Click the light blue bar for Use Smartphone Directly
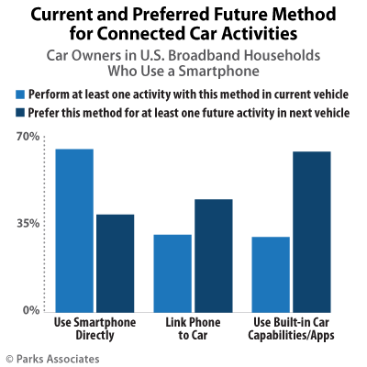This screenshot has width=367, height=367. (74, 229)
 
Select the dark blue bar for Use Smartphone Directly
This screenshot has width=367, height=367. (116, 262)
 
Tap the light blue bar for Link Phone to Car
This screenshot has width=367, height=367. (172, 272)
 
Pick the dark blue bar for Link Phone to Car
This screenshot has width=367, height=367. (214, 254)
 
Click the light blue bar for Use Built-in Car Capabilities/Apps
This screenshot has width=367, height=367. (270, 273)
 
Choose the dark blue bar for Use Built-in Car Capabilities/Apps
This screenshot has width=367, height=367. (312, 230)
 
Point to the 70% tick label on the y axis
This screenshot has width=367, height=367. (28, 137)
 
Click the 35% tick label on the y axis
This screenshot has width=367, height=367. (28, 224)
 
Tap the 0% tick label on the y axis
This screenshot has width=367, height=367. (30, 310)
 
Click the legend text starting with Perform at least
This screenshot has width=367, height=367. (184, 95)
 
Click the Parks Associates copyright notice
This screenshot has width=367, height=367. (51, 357)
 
